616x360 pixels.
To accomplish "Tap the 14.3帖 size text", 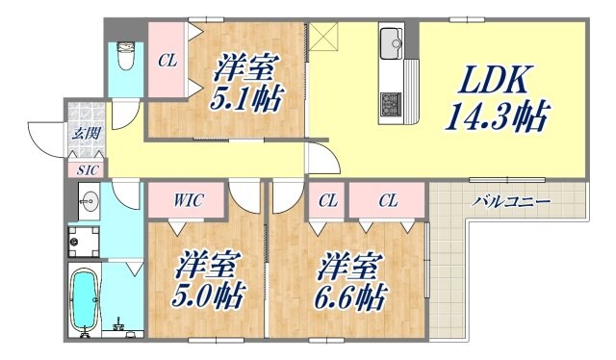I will coord(497,118).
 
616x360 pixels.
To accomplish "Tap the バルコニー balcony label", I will coord(511,202).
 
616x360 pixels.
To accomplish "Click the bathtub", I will coord(85,301).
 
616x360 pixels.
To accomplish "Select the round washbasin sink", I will coord(89,203).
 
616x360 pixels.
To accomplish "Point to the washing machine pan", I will coord(88,243).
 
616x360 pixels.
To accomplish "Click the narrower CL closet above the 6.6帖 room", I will coord(328,201).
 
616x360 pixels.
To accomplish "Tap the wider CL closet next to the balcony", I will coord(387,201).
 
